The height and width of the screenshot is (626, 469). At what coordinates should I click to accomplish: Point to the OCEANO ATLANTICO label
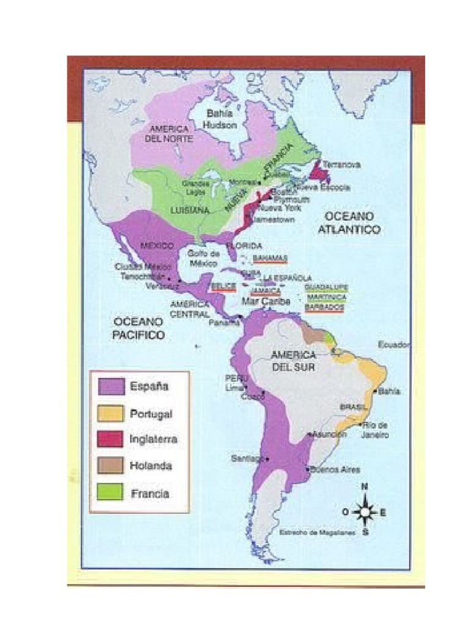coord(352,223)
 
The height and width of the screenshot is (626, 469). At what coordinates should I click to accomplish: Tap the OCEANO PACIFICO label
coord(139,328)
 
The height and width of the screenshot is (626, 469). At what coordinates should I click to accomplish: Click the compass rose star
coord(365,512)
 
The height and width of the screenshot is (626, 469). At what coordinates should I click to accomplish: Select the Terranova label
coord(341,165)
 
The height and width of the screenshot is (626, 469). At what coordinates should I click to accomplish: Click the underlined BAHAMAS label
coord(269,258)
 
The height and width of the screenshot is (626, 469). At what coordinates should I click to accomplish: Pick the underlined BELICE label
coord(223,286)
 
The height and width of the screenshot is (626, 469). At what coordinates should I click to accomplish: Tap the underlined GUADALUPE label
coord(326,287)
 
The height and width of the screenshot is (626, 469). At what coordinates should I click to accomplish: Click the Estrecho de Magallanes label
coord(308,532)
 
